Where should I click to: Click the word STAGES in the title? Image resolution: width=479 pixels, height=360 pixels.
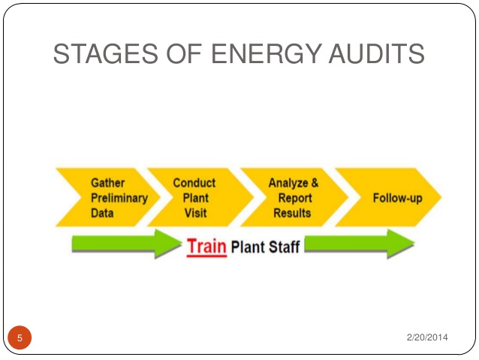click(106, 53)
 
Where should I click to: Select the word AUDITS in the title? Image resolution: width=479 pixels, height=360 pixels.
click(376, 53)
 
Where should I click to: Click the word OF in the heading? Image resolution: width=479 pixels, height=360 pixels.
click(184, 53)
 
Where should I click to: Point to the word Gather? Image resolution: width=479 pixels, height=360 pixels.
click(108, 183)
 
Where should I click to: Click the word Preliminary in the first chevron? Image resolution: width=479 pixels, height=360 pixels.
click(119, 198)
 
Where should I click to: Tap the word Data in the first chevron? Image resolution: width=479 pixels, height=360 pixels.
click(102, 213)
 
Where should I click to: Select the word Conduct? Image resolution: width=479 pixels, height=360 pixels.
click(194, 183)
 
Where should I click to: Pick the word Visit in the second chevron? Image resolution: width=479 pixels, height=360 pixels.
click(195, 213)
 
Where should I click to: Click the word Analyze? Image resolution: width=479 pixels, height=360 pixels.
click(288, 183)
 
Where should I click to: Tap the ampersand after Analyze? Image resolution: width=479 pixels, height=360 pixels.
click(315, 183)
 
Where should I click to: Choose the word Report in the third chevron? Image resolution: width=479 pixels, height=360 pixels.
click(295, 198)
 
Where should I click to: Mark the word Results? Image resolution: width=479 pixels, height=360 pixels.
click(292, 213)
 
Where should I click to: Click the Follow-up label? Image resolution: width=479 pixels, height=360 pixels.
click(398, 198)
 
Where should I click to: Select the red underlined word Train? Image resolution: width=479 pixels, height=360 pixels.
click(206, 247)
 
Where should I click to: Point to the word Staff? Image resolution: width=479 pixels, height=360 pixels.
click(284, 247)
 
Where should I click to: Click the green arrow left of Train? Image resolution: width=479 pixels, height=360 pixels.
click(127, 244)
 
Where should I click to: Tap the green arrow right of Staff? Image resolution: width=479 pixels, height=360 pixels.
click(360, 244)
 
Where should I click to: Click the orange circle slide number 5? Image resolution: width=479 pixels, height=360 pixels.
click(20, 337)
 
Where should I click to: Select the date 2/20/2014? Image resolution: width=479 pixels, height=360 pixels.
click(427, 337)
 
